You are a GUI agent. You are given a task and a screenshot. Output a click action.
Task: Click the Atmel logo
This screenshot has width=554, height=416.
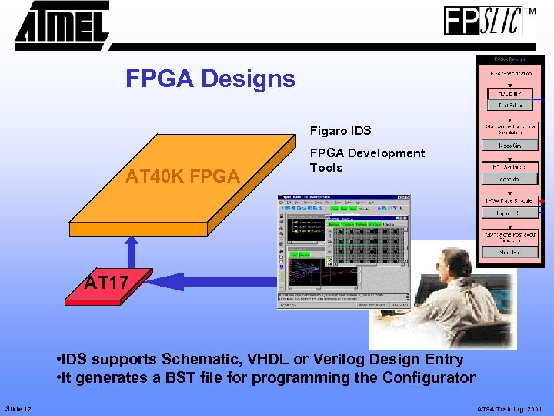(x=62, y=25)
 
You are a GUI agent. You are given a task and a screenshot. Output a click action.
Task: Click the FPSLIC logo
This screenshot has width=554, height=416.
(x=483, y=21)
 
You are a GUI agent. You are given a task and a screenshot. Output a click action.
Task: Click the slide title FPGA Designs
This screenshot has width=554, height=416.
(x=210, y=79)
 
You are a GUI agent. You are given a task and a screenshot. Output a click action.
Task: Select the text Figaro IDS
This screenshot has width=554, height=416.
(x=340, y=131)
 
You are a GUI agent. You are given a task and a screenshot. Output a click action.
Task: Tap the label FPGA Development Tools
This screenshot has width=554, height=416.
(x=366, y=160)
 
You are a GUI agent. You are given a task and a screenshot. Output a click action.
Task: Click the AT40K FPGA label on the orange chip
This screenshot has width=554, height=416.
(x=182, y=176)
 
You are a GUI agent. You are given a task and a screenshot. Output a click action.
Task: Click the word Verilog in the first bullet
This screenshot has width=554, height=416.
(x=339, y=359)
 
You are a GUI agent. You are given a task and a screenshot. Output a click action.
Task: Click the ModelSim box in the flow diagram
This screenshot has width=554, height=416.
(x=510, y=145)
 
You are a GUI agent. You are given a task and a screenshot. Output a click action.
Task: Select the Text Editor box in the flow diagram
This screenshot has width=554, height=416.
(x=510, y=105)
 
